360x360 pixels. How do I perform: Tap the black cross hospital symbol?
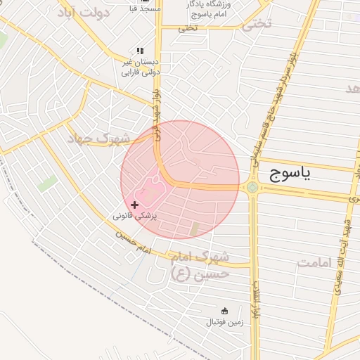coord(135,204)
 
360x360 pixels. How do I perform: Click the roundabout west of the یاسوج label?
coord(252,187)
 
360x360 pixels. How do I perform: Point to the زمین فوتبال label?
coord(224,323)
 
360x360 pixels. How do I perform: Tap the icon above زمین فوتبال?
coord(224,311)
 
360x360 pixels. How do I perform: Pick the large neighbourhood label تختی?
coord(256,24)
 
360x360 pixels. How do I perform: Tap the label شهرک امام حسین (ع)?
coord(200,263)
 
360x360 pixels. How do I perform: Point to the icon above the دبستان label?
coord(140,51)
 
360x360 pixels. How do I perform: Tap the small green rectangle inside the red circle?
coord(195,229)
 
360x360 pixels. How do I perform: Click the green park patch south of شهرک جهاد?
coord(47,184)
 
